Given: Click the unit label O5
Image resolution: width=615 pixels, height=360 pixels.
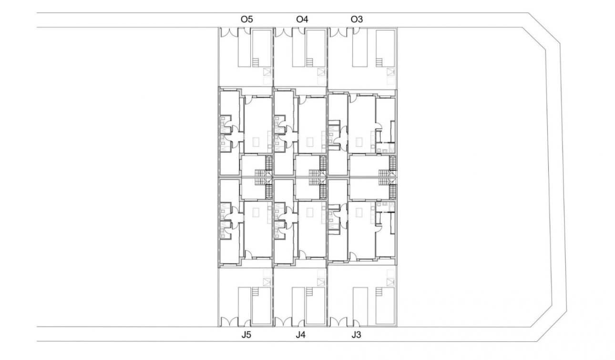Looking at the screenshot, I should (x=246, y=20).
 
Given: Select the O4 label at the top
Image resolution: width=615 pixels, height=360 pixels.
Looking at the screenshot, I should (x=302, y=20).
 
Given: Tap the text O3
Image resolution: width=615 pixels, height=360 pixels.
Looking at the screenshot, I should (x=357, y=20).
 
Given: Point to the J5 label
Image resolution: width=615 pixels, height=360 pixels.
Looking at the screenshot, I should (x=246, y=335).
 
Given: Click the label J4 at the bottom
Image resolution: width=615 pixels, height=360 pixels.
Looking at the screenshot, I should (x=300, y=335).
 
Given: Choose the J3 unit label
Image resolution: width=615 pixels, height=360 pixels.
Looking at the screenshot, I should (x=356, y=335).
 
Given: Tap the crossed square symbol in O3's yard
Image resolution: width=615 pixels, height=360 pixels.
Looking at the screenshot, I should (x=391, y=72).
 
